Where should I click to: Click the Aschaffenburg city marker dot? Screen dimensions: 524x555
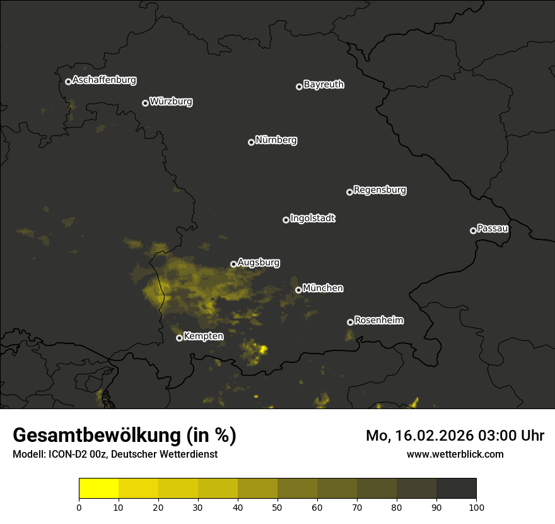68,81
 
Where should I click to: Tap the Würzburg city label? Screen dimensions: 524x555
171,102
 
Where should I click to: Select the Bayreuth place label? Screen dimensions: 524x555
324,85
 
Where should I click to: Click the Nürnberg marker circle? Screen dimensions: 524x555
251,142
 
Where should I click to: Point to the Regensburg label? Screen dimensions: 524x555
380,190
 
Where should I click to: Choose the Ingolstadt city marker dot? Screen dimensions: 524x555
286,220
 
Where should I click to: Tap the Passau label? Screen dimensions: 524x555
493,229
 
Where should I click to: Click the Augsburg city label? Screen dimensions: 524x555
259,263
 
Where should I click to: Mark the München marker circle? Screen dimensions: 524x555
298,290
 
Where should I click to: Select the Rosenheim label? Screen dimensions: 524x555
378,321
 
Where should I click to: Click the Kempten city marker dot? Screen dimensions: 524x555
179,338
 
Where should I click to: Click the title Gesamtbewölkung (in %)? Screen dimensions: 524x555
124,436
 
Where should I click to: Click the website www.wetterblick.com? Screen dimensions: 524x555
455,454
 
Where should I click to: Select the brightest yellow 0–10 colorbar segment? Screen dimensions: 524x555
98,489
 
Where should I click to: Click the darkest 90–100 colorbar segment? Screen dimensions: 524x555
456,489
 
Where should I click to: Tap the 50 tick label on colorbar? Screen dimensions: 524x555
277,507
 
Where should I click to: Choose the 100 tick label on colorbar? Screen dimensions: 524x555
476,507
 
